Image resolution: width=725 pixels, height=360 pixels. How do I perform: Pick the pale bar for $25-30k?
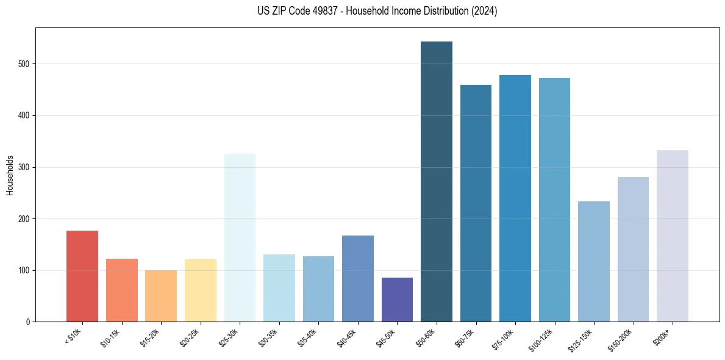(x=240, y=238)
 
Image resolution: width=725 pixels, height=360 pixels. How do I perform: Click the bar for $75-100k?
(x=515, y=198)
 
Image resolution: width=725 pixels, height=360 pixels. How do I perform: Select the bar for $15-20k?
(x=161, y=296)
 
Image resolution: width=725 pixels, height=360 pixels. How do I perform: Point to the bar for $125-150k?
(x=594, y=262)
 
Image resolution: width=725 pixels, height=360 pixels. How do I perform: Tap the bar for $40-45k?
(x=358, y=278)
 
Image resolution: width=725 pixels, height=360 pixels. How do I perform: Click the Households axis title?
(x=10, y=175)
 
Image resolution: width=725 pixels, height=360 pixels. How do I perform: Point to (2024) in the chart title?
(x=484, y=11)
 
